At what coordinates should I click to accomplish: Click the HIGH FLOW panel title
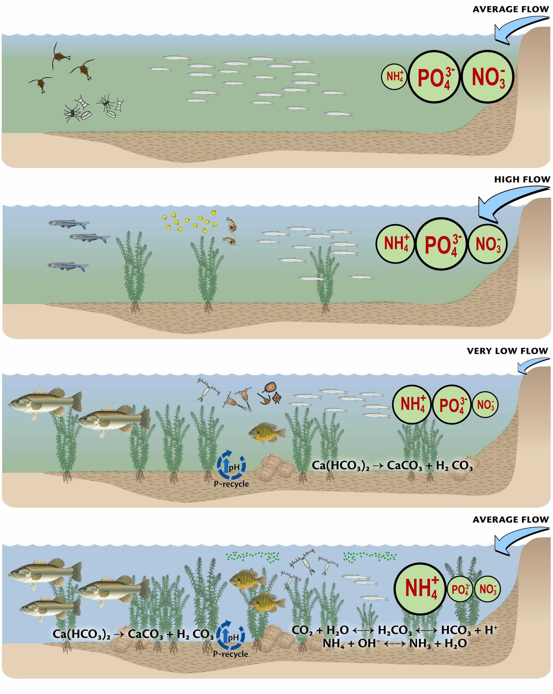coord(522,180)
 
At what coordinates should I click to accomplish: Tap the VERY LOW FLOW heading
coord(507,351)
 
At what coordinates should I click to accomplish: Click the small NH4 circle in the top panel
coord(394,77)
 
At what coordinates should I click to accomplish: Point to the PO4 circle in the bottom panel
coord(460,589)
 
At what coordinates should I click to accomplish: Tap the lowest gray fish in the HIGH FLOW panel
coord(68,266)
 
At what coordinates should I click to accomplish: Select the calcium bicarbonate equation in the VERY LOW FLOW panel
coord(392,466)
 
